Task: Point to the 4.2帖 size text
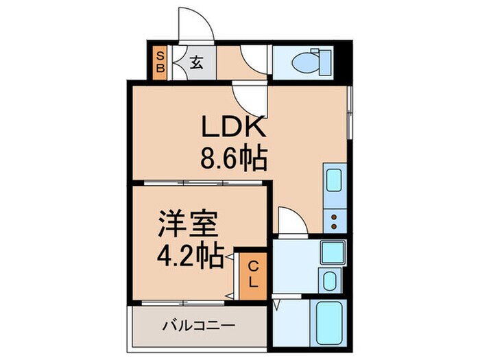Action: coord(191,256)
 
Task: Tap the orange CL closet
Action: coord(252,273)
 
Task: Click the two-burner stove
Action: coord(335,220)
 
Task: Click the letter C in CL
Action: coord(252,265)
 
